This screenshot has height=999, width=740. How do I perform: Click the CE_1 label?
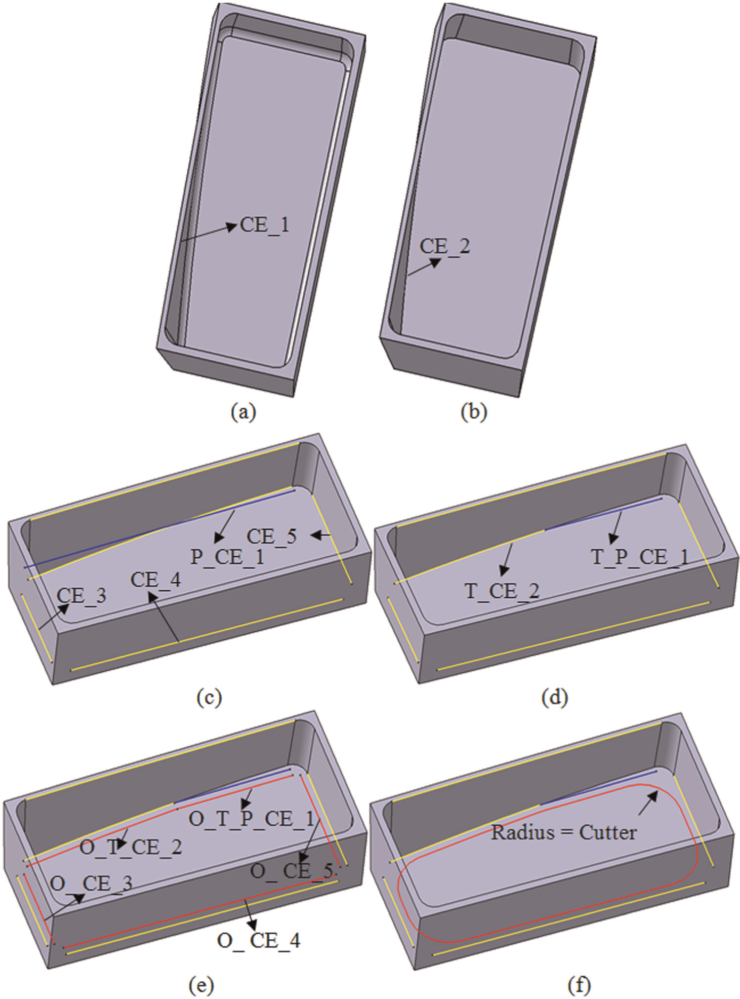coord(264,226)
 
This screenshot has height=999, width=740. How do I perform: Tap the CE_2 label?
coord(445,246)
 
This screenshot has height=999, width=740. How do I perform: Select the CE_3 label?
coord(82,596)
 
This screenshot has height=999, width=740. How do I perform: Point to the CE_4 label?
coord(156,579)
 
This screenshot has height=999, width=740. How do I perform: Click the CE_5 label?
coord(272,537)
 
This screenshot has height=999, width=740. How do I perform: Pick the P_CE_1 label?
coord(227,557)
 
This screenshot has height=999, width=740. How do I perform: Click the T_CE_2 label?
coord(502,591)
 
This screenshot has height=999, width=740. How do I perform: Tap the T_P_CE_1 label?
coord(640,557)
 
